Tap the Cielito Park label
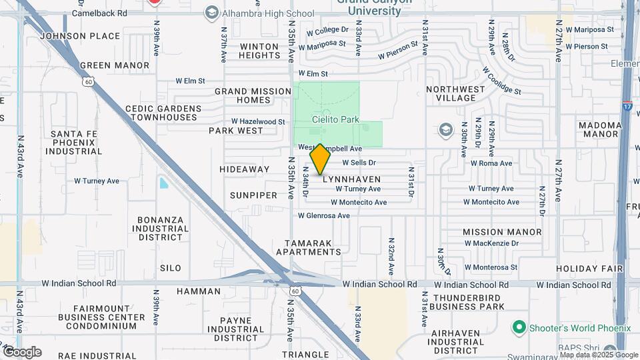coord(335,120)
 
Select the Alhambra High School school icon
coord(211,13)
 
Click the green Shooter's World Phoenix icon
coord(519,327)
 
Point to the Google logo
coord(22,352)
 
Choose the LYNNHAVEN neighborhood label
coord(351,179)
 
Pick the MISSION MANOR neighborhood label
coord(502,232)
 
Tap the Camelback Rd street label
coord(99,13)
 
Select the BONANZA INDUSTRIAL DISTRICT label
coord(161,228)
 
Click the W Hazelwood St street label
coord(258,122)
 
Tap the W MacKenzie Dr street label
coord(491,244)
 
